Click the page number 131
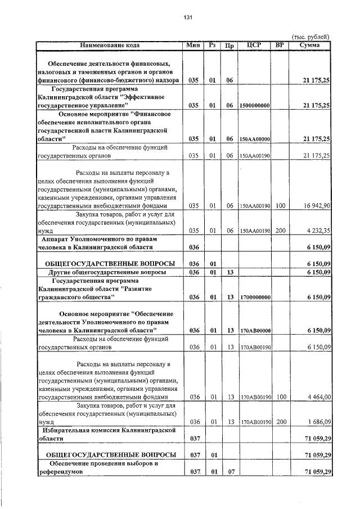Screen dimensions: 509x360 point(188,17)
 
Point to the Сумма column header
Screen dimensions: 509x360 point(310,44)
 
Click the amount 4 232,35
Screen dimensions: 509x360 point(316,230)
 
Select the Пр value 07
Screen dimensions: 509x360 point(229,471)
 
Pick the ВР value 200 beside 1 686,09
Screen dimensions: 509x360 point(281,421)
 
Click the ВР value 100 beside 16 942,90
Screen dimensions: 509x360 point(281,206)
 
